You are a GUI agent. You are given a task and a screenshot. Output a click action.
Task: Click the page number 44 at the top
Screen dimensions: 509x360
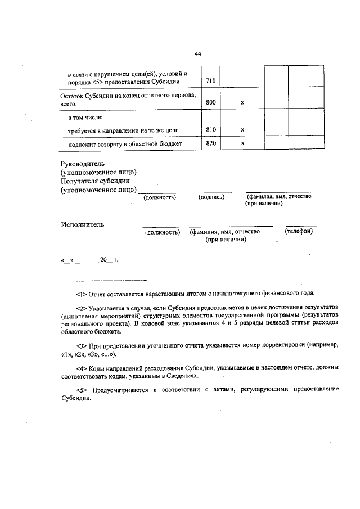[197, 54]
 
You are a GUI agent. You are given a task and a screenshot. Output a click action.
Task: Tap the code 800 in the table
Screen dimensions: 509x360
[211, 102]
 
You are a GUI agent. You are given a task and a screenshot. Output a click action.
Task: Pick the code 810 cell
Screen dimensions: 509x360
[211, 130]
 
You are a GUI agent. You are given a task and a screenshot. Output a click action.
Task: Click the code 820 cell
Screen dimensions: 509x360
[211, 143]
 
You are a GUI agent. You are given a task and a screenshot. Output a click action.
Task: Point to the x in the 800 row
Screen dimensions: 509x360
[242, 102]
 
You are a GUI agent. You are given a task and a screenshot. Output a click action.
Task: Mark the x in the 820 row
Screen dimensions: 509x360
[242, 143]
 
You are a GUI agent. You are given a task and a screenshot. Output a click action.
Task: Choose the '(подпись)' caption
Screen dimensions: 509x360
[211, 197]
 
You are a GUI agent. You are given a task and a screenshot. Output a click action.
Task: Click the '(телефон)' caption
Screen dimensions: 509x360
[299, 231]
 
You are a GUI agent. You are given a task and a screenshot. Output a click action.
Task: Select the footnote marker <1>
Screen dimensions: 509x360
[80, 293]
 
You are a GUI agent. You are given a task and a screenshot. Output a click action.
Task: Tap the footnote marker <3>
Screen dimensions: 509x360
[80, 344]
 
